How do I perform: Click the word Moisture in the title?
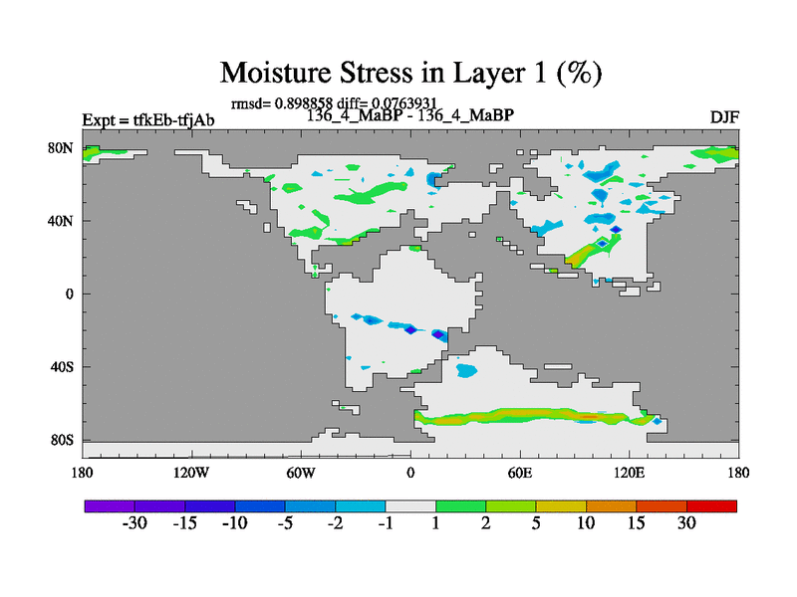pyautogui.click(x=276, y=73)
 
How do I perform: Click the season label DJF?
pyautogui.click(x=724, y=117)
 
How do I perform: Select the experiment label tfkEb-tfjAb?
pyautogui.click(x=173, y=120)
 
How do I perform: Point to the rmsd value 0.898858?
pyautogui.click(x=304, y=103)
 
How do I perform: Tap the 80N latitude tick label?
pyautogui.click(x=61, y=148)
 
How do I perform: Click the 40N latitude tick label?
pyautogui.click(x=61, y=221)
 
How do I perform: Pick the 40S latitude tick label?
pyautogui.click(x=62, y=366)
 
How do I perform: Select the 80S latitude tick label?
pyautogui.click(x=62, y=440)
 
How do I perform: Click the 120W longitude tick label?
pyautogui.click(x=191, y=473)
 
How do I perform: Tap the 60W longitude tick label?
pyautogui.click(x=301, y=473)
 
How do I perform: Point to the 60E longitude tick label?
pyautogui.click(x=520, y=473)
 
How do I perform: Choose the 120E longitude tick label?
pyautogui.click(x=630, y=473)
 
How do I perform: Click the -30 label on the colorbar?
pyautogui.click(x=134, y=523)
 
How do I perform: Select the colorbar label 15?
pyautogui.click(x=636, y=523)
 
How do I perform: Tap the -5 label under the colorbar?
pyautogui.click(x=285, y=523)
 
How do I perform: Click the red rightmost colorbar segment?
pyautogui.click(x=711, y=506)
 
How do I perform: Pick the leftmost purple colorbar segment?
pyautogui.click(x=110, y=506)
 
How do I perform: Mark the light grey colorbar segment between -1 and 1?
pyautogui.click(x=410, y=506)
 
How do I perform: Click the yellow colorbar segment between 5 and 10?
pyautogui.click(x=561, y=506)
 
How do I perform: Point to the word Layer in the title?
pyautogui.click(x=490, y=74)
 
